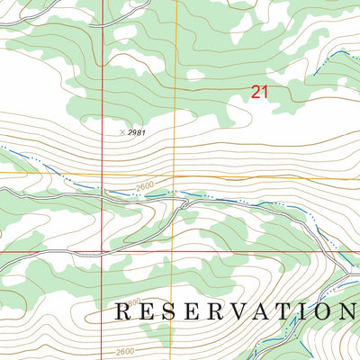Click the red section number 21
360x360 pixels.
pos(260,91)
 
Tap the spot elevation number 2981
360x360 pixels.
pos(136,132)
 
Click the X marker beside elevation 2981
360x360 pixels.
pos(121,131)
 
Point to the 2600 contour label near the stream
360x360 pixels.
pos(146,186)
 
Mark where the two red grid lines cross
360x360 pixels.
pos(103,252)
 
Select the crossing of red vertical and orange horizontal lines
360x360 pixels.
pos(103,174)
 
